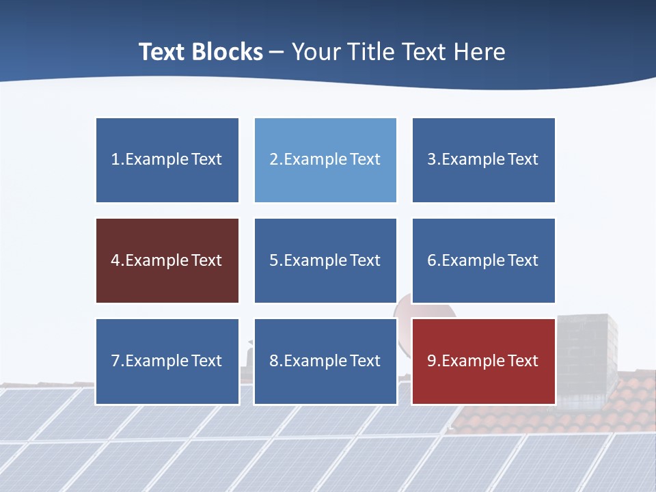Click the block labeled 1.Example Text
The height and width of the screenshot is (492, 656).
click(x=167, y=160)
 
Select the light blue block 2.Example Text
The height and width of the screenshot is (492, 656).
click(x=325, y=160)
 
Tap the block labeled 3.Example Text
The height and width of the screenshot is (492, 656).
click(x=483, y=160)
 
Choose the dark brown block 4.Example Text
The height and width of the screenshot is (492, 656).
click(x=167, y=260)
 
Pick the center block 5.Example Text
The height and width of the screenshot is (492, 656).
click(x=325, y=260)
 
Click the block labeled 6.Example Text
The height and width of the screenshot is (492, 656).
click(x=483, y=260)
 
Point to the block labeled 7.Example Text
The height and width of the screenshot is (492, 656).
click(x=167, y=361)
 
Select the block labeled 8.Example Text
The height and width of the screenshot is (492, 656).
click(x=325, y=361)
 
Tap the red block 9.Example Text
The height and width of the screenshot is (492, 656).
click(x=483, y=361)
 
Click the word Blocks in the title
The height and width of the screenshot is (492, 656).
click(x=228, y=52)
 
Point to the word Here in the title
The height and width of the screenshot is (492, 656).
click(x=480, y=52)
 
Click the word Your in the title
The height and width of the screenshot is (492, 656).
click(x=315, y=52)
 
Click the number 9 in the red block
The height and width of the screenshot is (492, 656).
click(x=432, y=361)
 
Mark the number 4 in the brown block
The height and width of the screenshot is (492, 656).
click(x=115, y=260)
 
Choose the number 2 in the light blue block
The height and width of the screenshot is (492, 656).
click(x=273, y=160)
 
